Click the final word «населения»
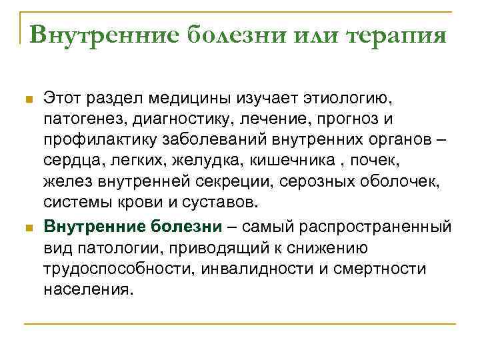coord(89,289)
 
